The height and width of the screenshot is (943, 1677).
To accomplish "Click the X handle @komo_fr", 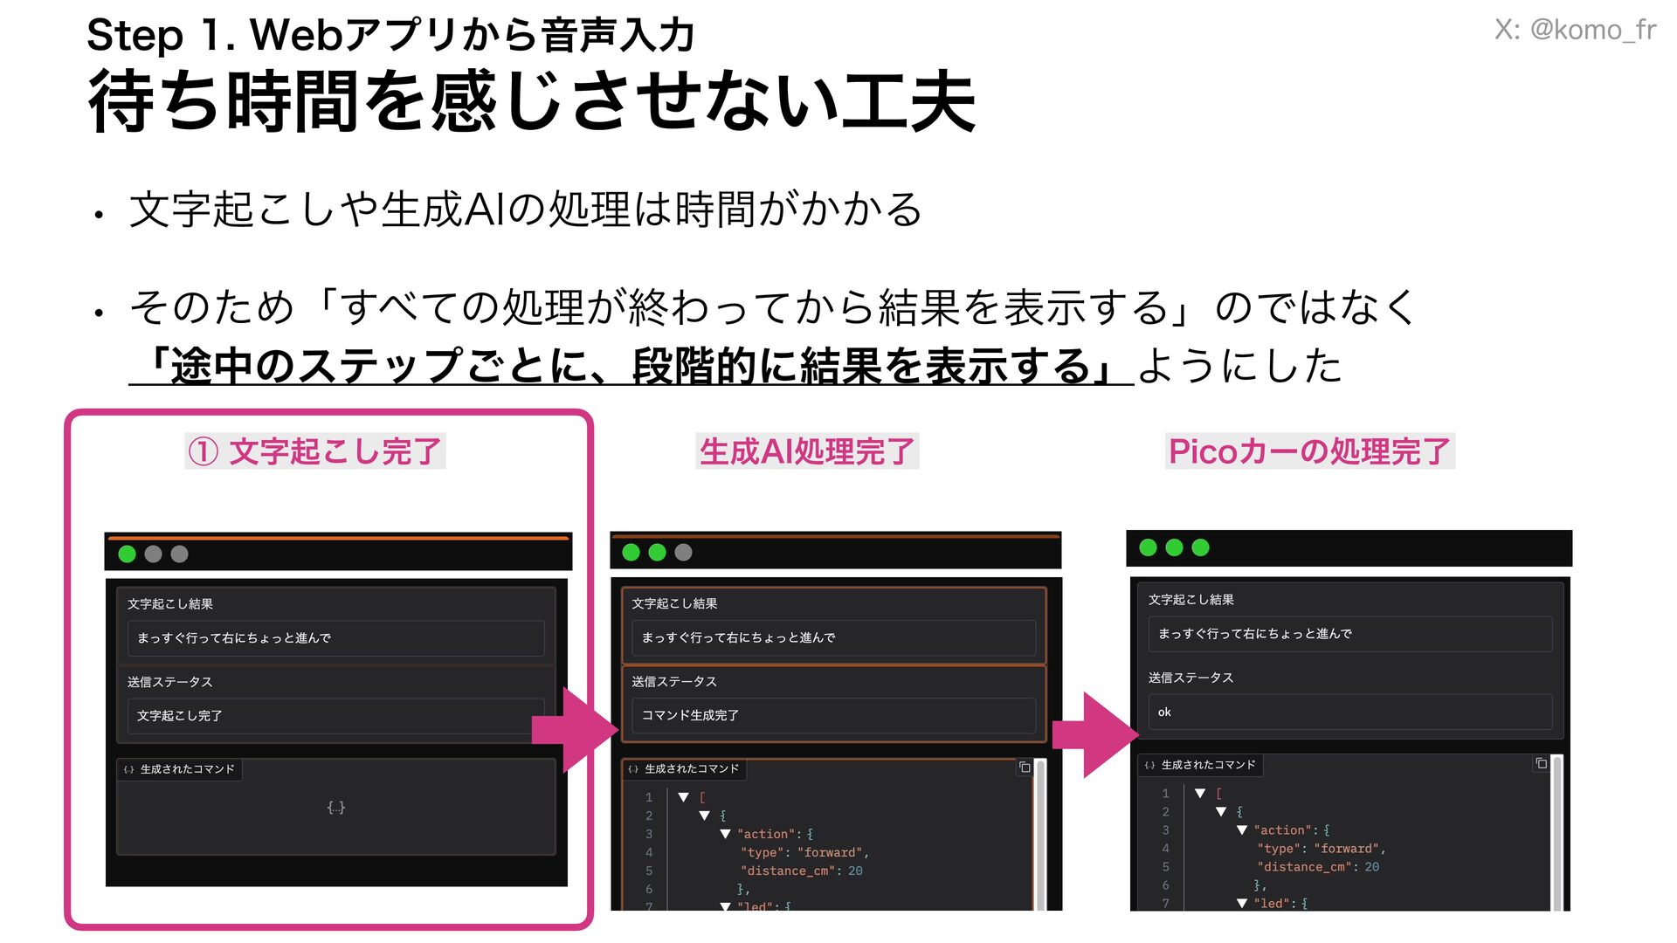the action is point(1574,30).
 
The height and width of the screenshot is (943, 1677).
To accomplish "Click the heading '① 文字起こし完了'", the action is point(315,451).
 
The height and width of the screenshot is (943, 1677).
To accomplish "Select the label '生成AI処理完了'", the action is point(806,451).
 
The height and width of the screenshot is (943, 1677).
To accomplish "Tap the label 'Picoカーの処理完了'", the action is point(1308,451).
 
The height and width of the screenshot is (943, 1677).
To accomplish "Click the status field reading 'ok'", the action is point(1349,712).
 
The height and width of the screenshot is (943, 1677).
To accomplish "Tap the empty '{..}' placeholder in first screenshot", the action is point(336,808).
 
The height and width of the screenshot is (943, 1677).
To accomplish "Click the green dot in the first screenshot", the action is point(128,554).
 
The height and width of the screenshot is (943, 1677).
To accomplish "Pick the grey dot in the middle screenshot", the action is point(684,552).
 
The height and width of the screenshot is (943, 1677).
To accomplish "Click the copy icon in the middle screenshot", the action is point(1025,767).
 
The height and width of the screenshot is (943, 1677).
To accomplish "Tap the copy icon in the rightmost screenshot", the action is point(1541,763).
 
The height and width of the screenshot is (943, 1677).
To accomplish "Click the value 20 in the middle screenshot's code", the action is point(855,871).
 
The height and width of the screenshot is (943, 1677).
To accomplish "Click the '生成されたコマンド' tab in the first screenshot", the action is point(180,769).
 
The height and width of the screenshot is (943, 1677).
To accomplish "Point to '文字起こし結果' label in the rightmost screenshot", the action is point(1190,600).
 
